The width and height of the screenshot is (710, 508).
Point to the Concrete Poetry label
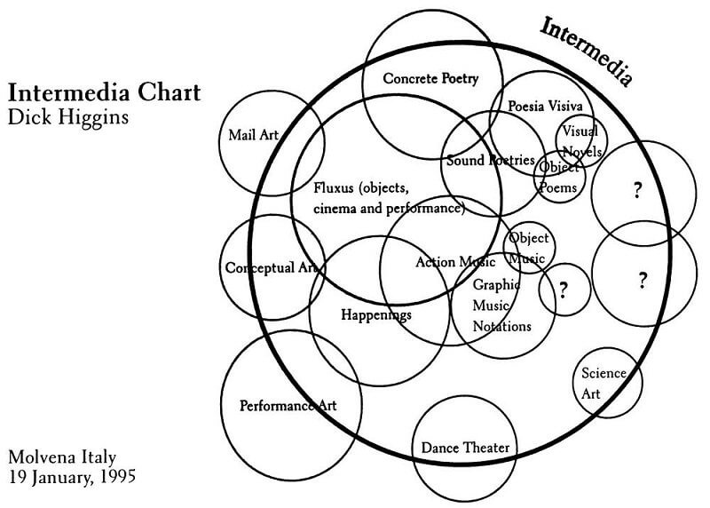[x=430, y=79]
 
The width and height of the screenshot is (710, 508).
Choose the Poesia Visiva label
[x=545, y=106]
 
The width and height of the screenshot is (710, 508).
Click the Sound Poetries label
[x=490, y=161]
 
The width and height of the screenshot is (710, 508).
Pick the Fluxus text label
[x=389, y=199]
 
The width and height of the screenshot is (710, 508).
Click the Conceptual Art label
[x=271, y=267]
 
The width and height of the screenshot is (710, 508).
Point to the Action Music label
[x=455, y=262]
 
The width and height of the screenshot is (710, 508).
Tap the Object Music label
[x=528, y=248]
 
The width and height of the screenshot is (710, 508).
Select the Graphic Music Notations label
[x=501, y=306]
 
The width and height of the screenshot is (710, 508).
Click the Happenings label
[x=376, y=314]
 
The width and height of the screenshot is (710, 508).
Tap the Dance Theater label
[x=465, y=448]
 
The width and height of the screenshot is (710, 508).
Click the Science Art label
[x=603, y=382]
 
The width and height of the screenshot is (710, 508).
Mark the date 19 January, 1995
[x=73, y=476]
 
